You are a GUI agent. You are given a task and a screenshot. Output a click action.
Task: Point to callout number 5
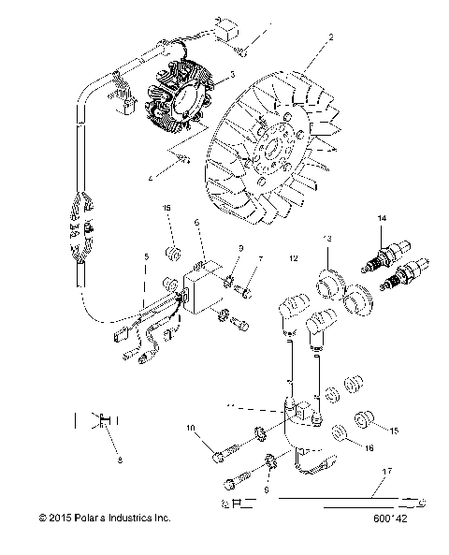point(146,256)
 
